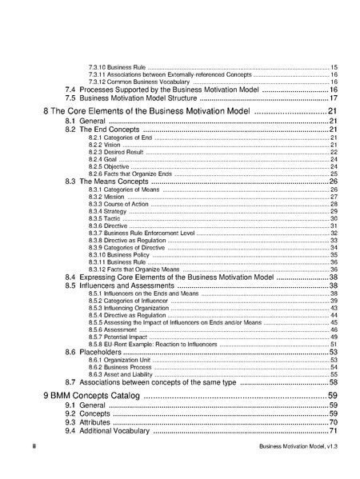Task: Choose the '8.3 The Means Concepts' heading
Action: point(107,182)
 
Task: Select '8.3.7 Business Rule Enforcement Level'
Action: point(141,234)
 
